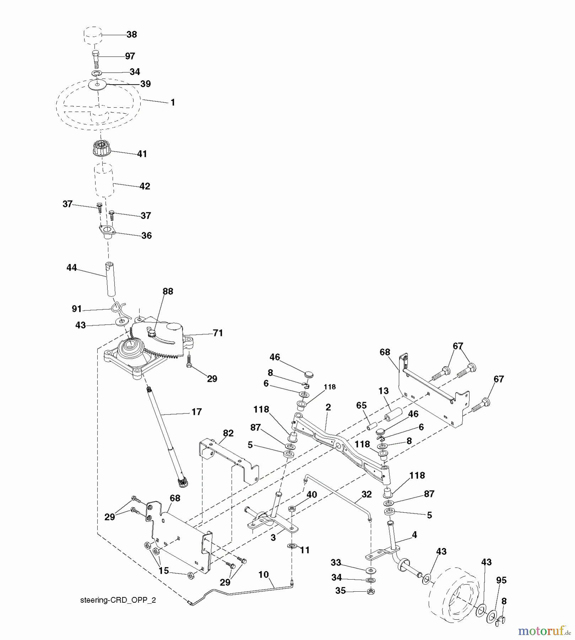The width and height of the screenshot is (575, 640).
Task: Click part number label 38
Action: click(x=131, y=34)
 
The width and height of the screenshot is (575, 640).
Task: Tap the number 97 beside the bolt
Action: click(x=130, y=56)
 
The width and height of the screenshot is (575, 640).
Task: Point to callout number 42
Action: click(x=145, y=186)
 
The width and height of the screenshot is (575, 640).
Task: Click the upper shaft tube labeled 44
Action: click(x=111, y=279)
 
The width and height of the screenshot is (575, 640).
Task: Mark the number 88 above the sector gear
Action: click(x=168, y=292)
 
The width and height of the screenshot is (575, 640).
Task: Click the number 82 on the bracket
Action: click(x=228, y=433)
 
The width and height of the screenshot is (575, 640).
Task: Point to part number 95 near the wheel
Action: click(x=501, y=580)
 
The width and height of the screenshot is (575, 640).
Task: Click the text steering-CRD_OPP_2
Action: click(x=118, y=600)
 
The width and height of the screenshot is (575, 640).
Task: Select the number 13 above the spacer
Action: click(x=383, y=391)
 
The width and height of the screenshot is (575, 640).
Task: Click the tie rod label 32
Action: click(x=366, y=495)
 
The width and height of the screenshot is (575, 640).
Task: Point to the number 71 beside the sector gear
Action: click(x=217, y=333)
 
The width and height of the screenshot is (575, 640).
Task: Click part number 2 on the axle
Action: click(x=328, y=407)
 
